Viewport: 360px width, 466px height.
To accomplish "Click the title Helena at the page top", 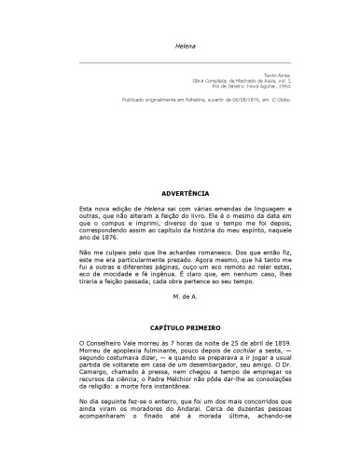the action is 181,44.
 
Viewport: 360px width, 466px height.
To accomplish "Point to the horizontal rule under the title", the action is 180,62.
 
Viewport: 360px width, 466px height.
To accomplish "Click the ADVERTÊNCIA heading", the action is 181,193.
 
